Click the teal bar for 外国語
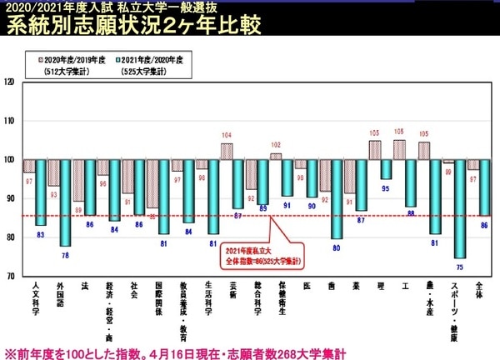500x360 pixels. tap(65, 202)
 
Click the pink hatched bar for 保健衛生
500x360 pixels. tap(276, 156)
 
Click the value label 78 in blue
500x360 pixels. tap(65, 253)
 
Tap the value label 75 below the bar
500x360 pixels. tap(459, 265)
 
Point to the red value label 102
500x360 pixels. tap(276, 144)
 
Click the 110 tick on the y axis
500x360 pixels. tap(10, 121)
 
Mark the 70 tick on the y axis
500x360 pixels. tap(10, 276)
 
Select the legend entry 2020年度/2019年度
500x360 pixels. tap(68, 60)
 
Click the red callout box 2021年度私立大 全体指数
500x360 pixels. tap(263, 255)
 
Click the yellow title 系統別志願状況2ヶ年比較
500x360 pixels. tap(133, 25)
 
